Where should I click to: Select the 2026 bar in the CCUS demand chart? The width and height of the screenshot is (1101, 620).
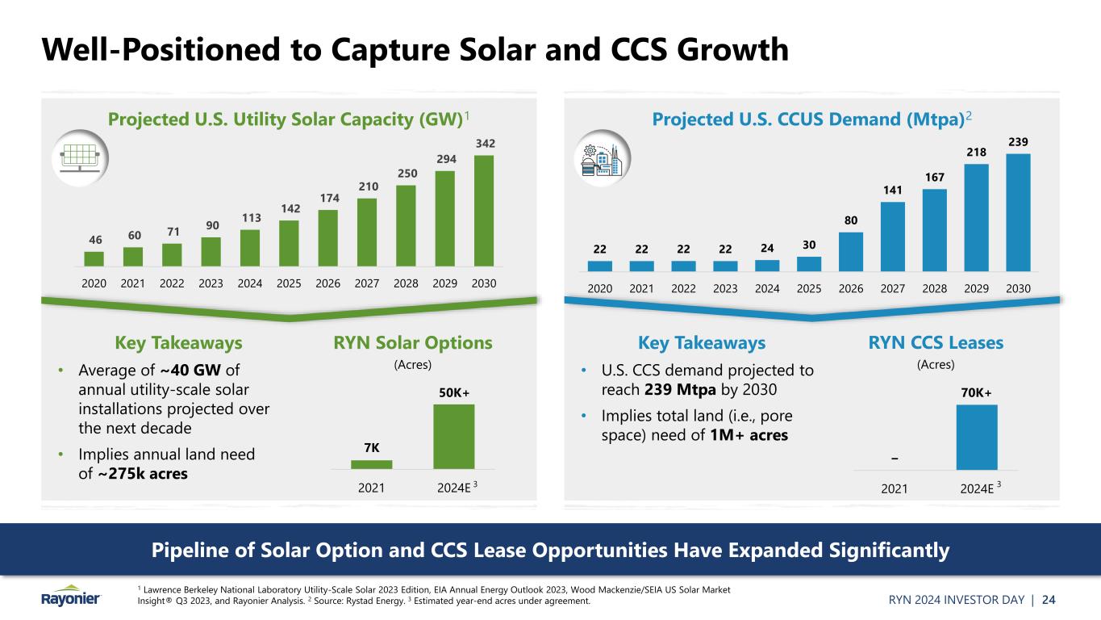click(851, 251)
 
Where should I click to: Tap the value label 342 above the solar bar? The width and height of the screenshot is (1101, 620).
click(483, 144)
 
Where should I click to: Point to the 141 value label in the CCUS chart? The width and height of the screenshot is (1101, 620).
click(893, 191)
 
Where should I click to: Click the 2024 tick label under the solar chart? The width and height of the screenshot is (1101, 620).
click(250, 284)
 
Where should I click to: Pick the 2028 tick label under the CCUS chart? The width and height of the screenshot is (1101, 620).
click(934, 287)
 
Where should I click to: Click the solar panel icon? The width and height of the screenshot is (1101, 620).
click(80, 156)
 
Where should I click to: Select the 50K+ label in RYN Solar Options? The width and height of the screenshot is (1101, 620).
click(454, 392)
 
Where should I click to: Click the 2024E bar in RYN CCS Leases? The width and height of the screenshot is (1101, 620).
click(977, 437)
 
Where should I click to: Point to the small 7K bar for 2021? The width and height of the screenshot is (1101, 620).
click(371, 464)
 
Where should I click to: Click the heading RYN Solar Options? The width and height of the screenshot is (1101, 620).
click(413, 343)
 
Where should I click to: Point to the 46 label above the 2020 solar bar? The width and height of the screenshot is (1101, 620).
click(94, 241)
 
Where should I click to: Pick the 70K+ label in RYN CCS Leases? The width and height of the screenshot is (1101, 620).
click(977, 392)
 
